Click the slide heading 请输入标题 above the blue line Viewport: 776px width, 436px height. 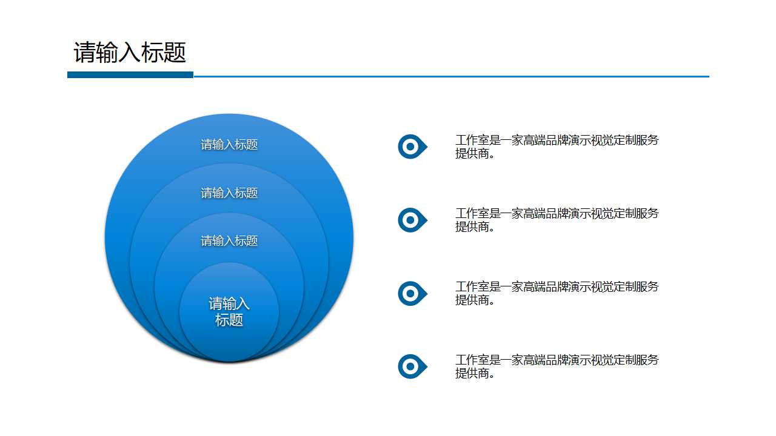pos(130,53)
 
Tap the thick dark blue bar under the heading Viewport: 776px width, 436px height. pos(130,74)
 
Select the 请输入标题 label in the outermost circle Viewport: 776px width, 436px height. pos(229,145)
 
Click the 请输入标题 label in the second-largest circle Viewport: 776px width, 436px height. pos(229,193)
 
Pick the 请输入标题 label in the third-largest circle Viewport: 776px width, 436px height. pos(229,241)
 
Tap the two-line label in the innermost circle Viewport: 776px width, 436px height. pos(229,312)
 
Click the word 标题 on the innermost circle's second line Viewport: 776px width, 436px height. pos(229,320)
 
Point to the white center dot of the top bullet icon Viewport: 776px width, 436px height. pos(410,147)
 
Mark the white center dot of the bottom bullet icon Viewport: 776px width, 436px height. pos(410,366)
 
